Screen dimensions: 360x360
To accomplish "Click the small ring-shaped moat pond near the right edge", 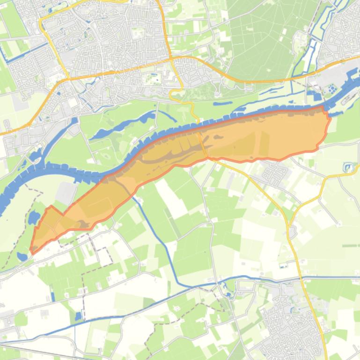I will click(347, 167).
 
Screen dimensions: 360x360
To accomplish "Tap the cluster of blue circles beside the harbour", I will click(331, 88).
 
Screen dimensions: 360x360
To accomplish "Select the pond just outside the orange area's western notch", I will click(34, 218).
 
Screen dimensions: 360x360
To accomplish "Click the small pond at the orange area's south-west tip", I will click(22, 256).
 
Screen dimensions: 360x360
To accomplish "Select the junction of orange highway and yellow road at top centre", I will click(171, 59).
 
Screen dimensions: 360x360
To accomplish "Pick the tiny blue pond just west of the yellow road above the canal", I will click(282, 266).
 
